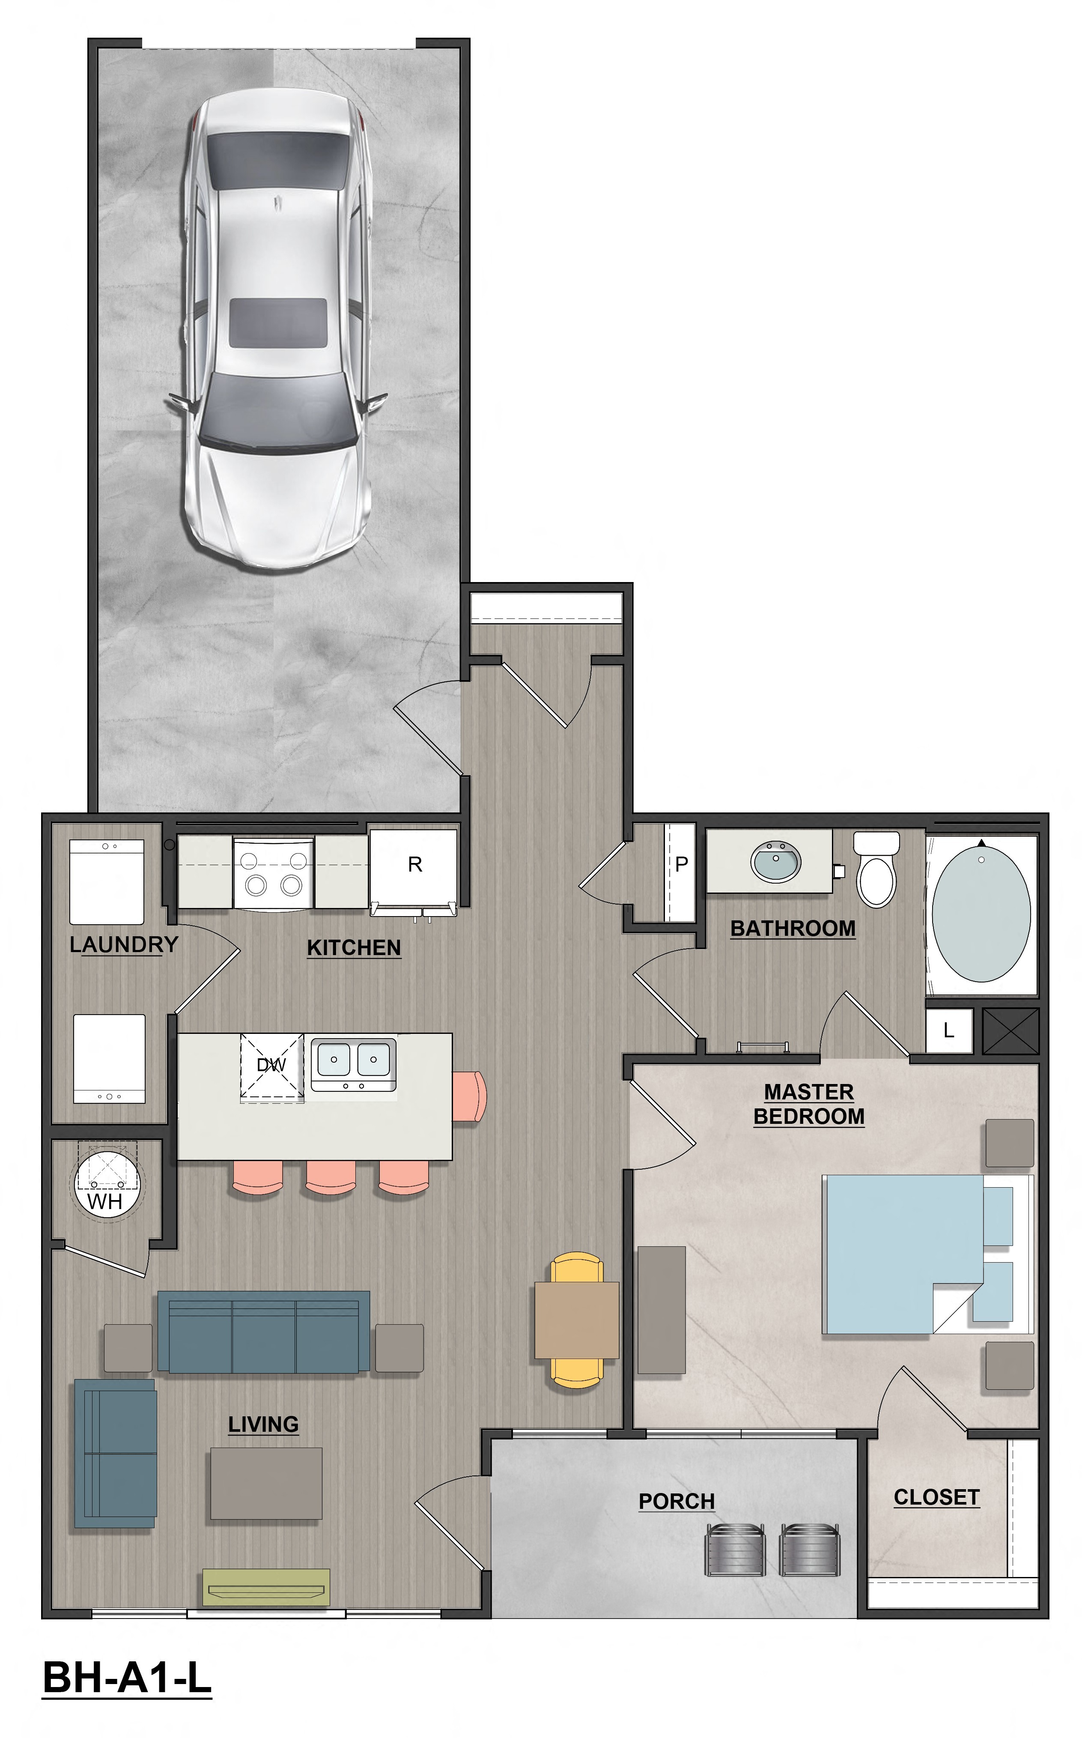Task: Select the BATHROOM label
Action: (793, 929)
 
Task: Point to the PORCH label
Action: (676, 1501)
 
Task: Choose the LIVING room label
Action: (263, 1424)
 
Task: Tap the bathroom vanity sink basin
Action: (776, 861)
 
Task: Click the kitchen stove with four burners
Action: (273, 872)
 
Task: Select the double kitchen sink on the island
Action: (354, 1060)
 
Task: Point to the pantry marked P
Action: (680, 865)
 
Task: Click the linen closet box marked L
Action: (949, 1031)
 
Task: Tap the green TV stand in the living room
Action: (266, 1586)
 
